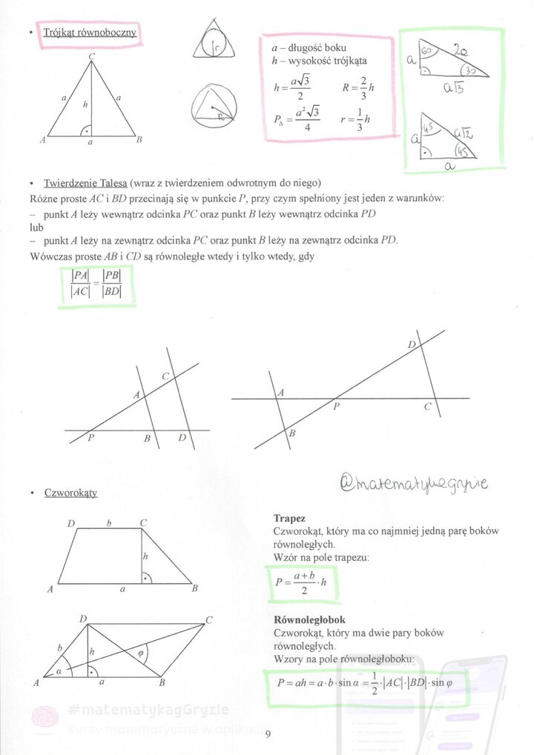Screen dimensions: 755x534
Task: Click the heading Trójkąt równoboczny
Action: (90, 33)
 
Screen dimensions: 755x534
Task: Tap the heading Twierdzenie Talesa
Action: (86, 183)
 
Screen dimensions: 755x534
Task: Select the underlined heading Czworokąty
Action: (70, 492)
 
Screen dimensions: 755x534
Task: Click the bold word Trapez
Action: (289, 519)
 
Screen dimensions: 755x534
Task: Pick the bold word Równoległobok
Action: (309, 619)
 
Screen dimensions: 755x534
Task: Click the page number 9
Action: (268, 734)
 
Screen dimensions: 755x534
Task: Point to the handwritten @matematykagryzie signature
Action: (414, 483)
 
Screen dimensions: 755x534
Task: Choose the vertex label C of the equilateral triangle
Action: (91, 57)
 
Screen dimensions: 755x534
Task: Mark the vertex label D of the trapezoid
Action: (72, 524)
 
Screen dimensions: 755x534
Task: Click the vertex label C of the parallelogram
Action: (209, 619)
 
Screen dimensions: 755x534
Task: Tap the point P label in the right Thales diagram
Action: (336, 407)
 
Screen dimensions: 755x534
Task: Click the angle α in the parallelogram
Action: (59, 671)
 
